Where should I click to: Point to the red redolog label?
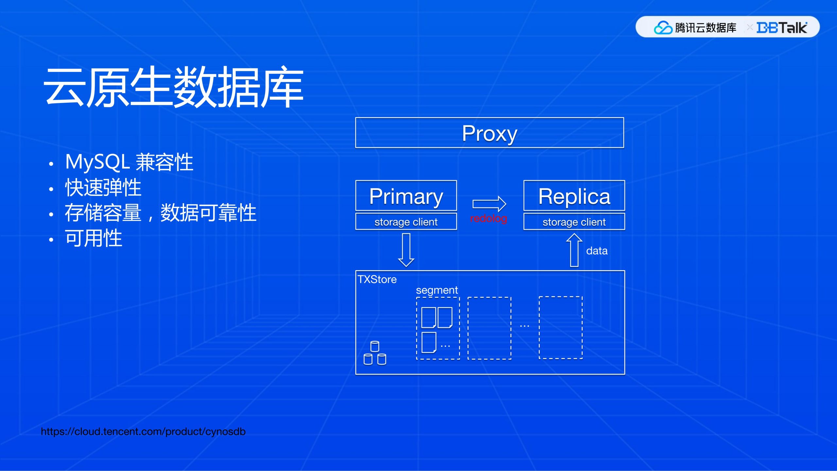[x=488, y=218]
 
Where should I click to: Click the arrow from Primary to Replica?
[x=489, y=204]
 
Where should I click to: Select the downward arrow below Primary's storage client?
[x=406, y=250]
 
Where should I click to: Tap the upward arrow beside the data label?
[x=574, y=250]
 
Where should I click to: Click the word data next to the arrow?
[x=597, y=251]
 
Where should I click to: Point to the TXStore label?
[x=377, y=279]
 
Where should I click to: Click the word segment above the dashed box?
[x=437, y=290]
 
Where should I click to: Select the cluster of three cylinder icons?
[x=375, y=353]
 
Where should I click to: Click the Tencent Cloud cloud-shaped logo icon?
[x=663, y=27]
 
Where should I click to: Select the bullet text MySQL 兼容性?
[x=129, y=162]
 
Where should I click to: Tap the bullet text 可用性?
[x=94, y=238]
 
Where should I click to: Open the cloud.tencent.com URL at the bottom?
[x=143, y=431]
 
